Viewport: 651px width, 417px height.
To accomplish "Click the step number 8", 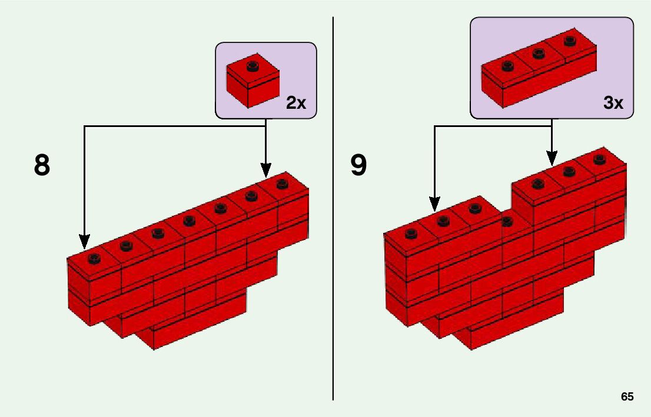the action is pyautogui.click(x=42, y=165).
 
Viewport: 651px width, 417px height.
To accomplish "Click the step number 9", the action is pyautogui.click(x=358, y=165).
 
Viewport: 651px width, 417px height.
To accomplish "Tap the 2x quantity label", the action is pyautogui.click(x=296, y=104).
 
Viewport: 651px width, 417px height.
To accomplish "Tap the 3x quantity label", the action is pyautogui.click(x=613, y=104).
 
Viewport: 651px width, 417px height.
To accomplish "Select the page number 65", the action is pyautogui.click(x=627, y=397).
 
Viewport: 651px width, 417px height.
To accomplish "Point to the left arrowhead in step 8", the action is pyautogui.click(x=84, y=241).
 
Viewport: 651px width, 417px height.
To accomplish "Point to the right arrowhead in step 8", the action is pyautogui.click(x=266, y=170).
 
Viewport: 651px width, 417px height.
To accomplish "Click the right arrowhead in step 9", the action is pyautogui.click(x=552, y=158).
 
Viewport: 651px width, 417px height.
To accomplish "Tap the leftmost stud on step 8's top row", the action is pyautogui.click(x=94, y=258).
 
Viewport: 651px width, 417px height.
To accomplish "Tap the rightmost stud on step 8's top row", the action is pyautogui.click(x=282, y=183).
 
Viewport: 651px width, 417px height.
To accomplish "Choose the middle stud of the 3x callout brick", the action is pyautogui.click(x=537, y=54).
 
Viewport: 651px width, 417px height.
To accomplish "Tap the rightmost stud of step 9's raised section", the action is pyautogui.click(x=599, y=158).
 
